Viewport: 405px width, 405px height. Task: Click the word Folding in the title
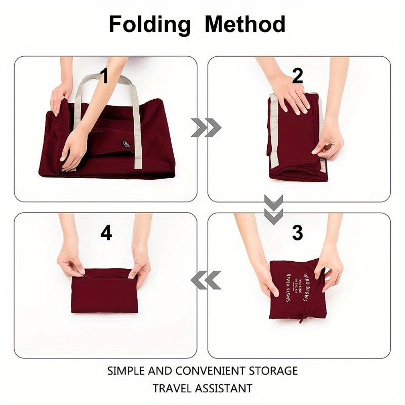pos(149,24)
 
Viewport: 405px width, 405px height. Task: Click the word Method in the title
pos(245,24)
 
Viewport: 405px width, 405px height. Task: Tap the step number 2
pos(298,76)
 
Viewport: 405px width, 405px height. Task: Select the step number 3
pos(298,233)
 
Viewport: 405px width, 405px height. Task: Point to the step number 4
pos(106,233)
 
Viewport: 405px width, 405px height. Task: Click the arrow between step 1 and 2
pos(206,128)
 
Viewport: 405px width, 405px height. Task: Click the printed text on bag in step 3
pos(299,287)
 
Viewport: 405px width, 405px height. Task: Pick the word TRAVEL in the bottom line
pos(171,389)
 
